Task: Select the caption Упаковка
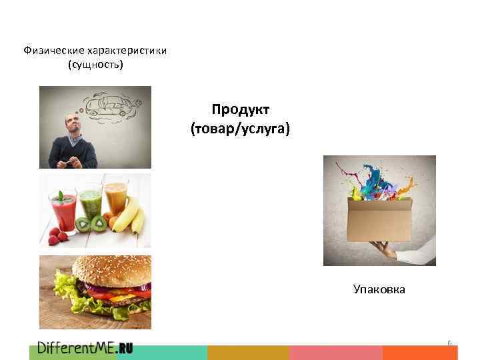point(379,289)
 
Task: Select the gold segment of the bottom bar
point(248,353)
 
